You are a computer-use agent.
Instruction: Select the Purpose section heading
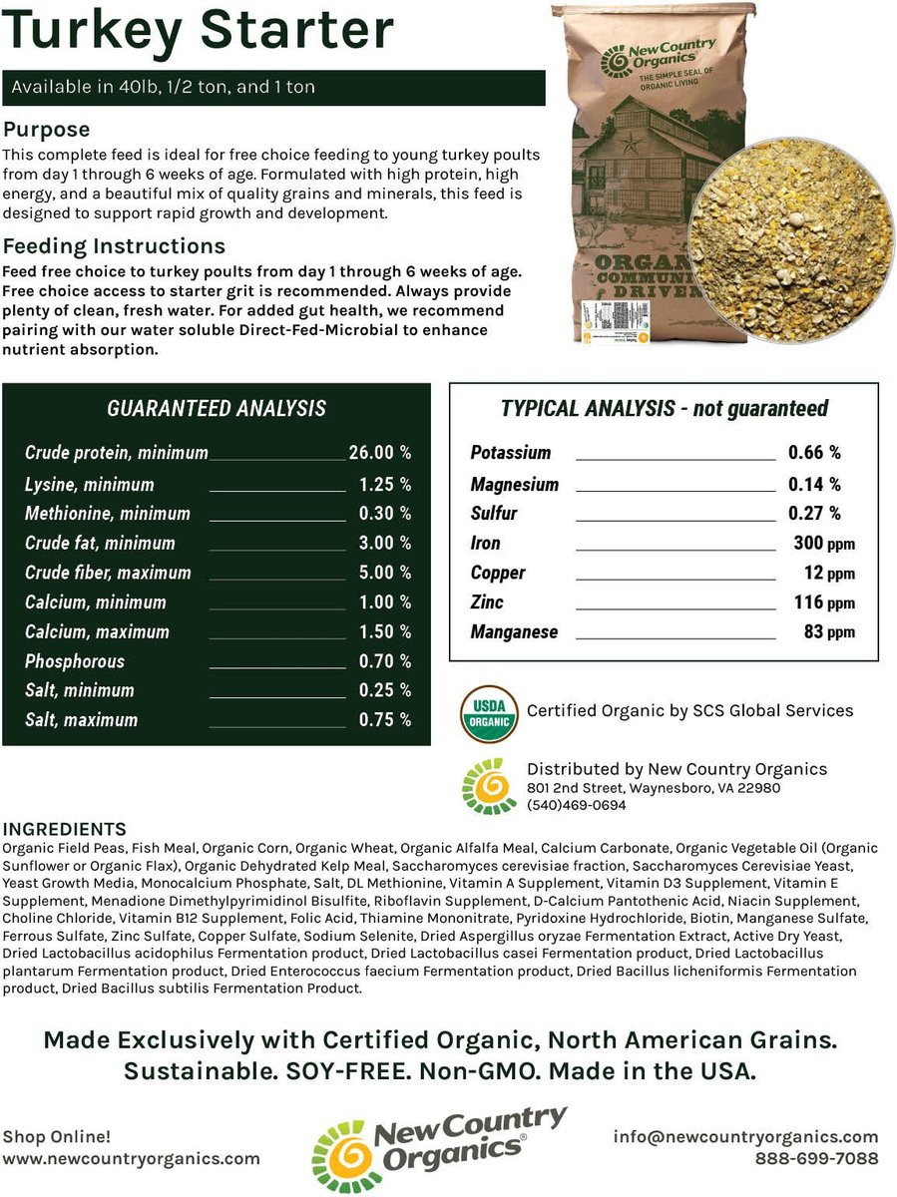47,130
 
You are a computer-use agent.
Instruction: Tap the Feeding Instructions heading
115,246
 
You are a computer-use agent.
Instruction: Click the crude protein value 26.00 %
379,453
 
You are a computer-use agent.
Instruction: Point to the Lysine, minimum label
90,485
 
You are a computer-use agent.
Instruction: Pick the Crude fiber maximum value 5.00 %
385,573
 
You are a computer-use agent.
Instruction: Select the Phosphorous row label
75,661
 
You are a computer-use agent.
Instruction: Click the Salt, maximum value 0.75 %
385,720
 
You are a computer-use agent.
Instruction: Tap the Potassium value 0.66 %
814,453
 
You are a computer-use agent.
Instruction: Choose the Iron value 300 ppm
822,544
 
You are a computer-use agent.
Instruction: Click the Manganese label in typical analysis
514,632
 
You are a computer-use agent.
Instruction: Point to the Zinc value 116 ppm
824,602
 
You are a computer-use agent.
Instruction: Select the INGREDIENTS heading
65,830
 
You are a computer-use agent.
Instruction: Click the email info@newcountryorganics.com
745,1137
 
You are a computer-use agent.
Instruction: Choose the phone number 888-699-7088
817,1159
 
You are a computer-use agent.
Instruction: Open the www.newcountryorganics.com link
131,1159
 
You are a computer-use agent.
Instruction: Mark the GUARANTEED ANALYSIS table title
217,408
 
